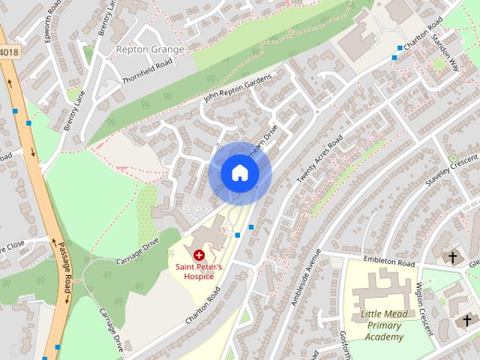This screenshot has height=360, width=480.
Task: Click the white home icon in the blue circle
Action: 239,172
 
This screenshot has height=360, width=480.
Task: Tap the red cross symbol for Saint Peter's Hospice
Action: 199,256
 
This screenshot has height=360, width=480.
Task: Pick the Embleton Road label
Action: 388,263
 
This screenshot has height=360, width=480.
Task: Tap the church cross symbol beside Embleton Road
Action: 452,258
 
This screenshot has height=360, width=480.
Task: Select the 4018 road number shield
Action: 7,52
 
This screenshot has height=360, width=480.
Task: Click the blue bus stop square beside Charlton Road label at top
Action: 394,57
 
